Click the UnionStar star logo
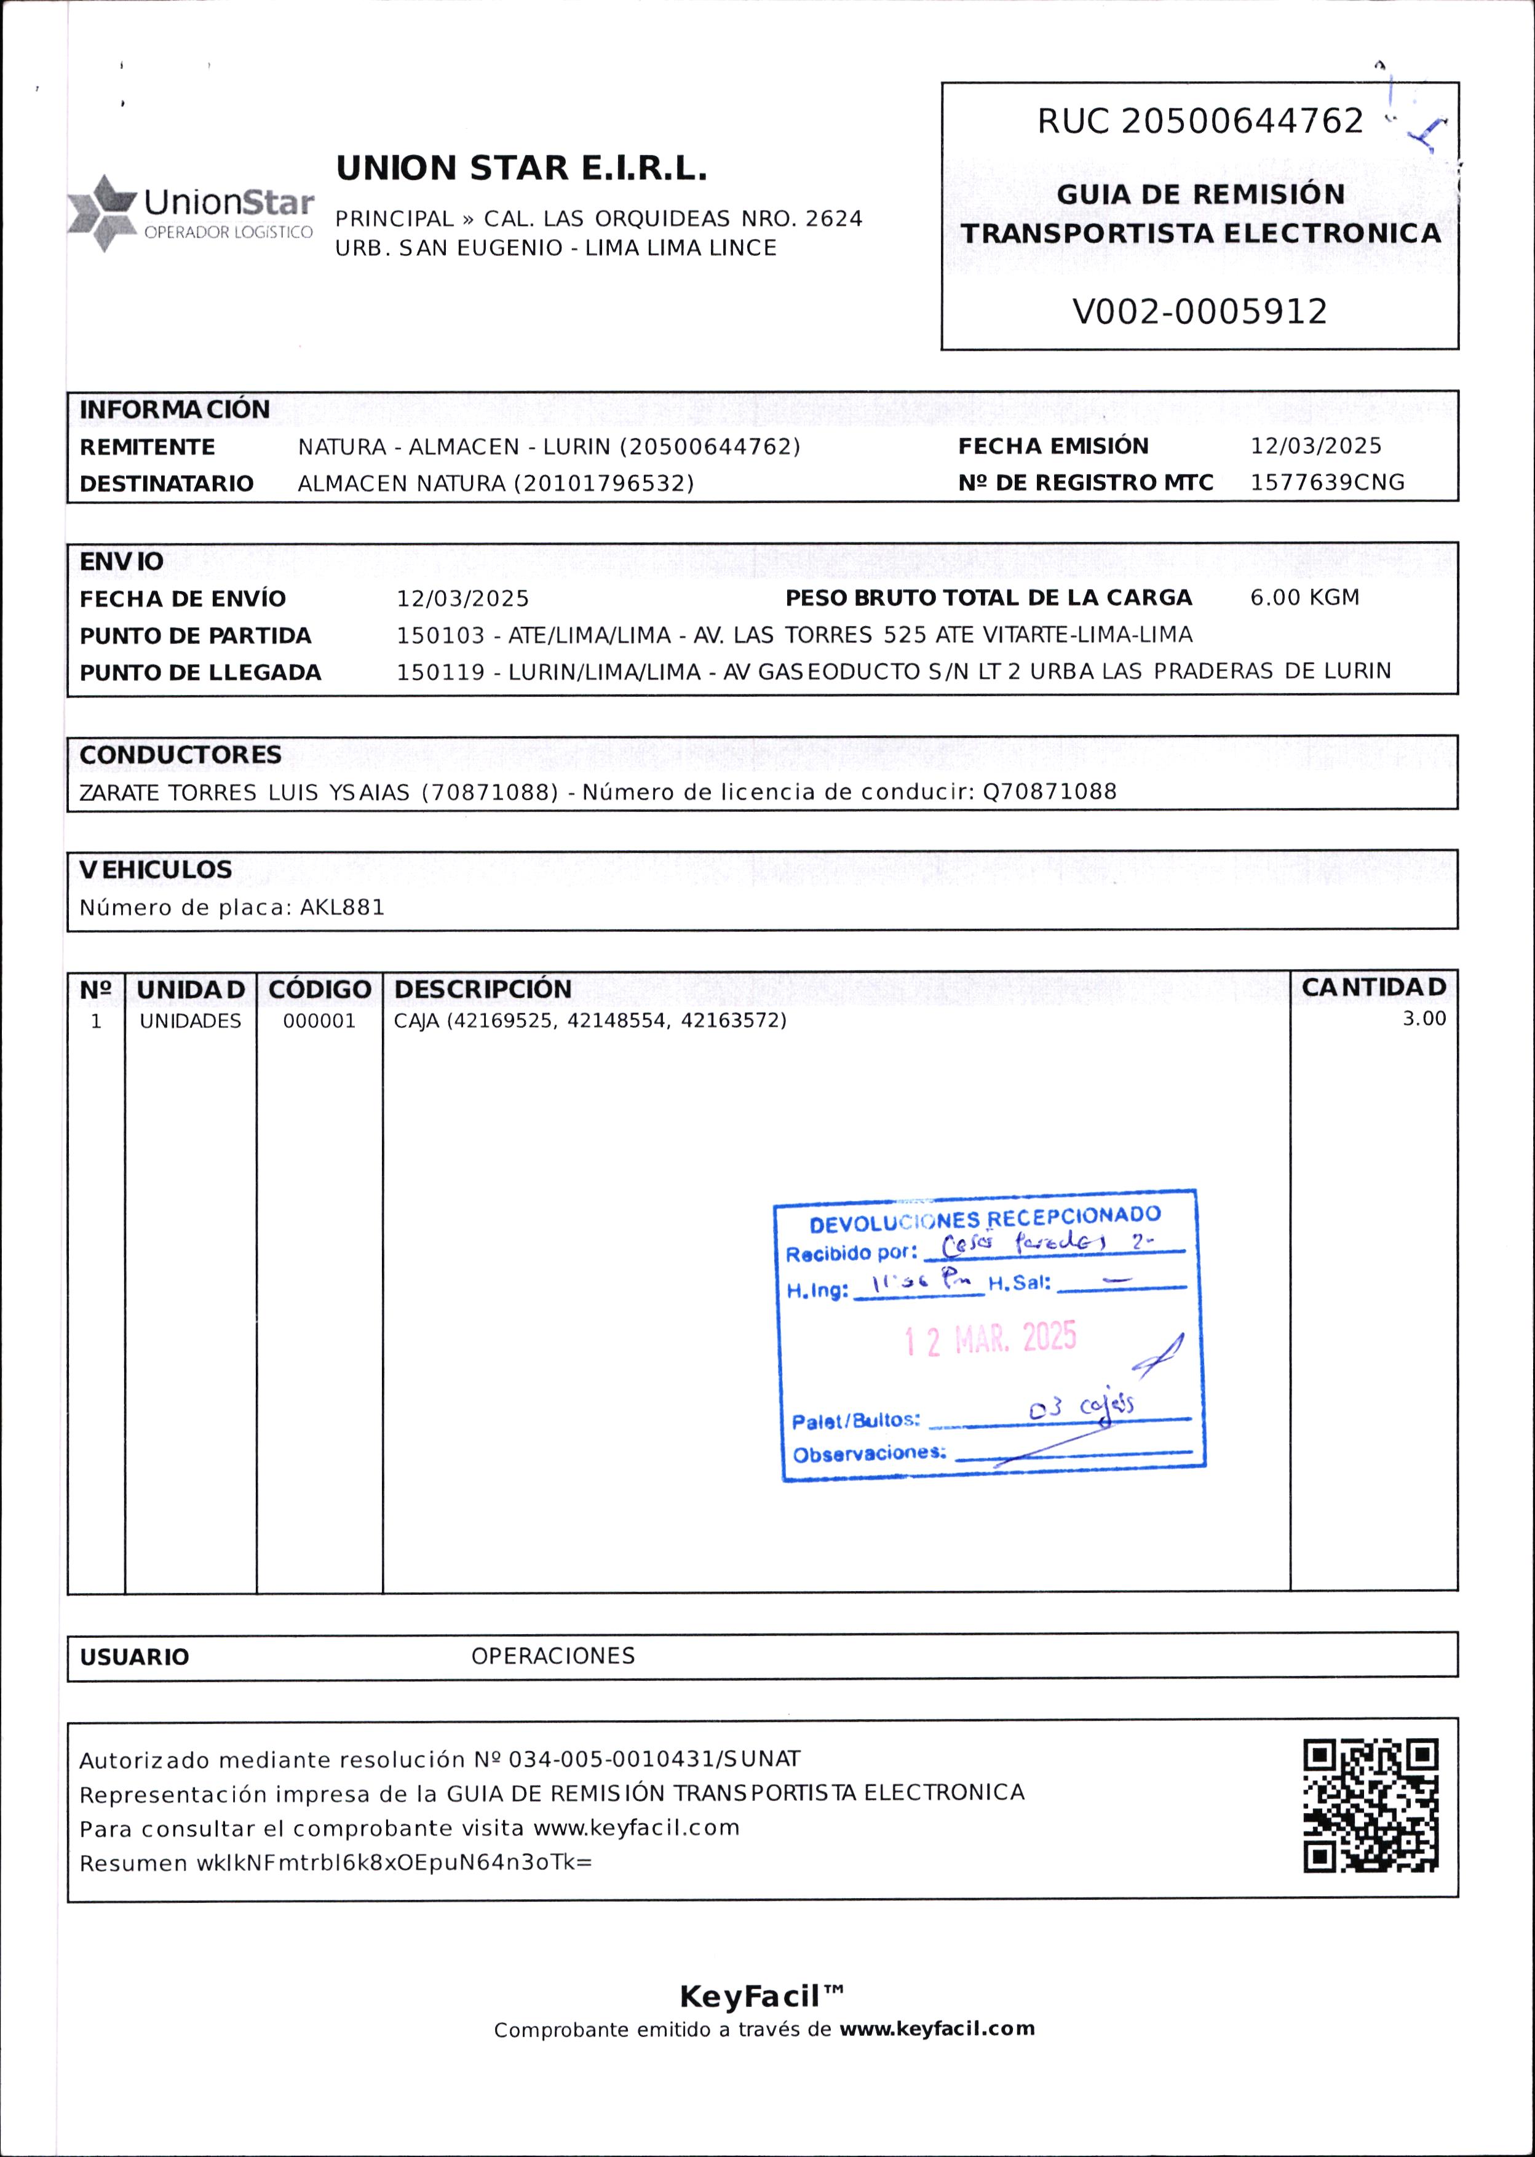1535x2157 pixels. pos(102,213)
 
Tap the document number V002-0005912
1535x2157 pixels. pos(1199,312)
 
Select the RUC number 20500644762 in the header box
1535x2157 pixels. pos(1242,122)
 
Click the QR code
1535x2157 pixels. pos(1371,1805)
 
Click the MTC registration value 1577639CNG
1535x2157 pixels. pos(1327,483)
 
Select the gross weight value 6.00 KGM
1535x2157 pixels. pos(1304,597)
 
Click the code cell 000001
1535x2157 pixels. pos(319,1022)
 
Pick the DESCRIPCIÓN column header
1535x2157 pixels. pos(483,990)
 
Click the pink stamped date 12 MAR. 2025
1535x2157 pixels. pos(990,1338)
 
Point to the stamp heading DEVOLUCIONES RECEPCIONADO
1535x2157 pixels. pos(985,1220)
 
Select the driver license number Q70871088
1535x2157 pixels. pos(1049,791)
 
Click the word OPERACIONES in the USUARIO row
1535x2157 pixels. pos(553,1656)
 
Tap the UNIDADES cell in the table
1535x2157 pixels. pos(190,1022)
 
